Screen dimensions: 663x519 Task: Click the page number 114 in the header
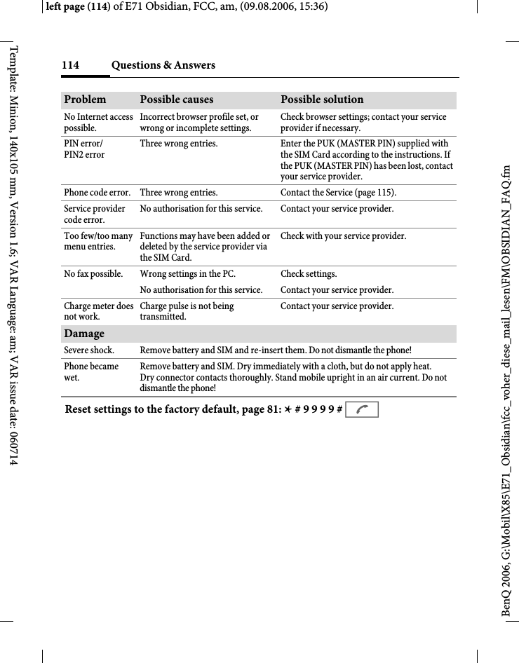[x=70, y=65]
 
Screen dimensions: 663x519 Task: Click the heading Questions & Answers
[x=163, y=65]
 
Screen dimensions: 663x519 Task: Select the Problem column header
[x=85, y=100]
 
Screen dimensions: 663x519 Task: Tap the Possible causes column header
[x=177, y=100]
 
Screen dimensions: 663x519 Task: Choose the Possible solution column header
[x=322, y=100]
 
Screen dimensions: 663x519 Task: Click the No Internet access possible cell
[x=98, y=123]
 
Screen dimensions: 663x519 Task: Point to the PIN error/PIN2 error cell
[x=84, y=149]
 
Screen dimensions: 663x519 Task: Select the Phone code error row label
[x=97, y=192]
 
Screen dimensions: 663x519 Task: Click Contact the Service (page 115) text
[x=337, y=192]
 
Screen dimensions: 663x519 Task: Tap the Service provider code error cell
[x=95, y=214]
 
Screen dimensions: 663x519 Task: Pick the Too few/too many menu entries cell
[x=98, y=241]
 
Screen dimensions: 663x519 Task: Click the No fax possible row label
[x=93, y=273]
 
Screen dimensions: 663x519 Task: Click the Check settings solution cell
[x=309, y=273]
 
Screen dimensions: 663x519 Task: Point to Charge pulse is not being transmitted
[x=187, y=311]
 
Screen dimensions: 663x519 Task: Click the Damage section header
[x=84, y=334]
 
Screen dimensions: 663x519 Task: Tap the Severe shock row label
[x=89, y=350]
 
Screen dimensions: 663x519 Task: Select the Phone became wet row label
[x=91, y=371]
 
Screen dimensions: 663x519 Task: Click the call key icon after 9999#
[x=361, y=409]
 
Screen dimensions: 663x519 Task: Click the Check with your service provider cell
[x=343, y=235]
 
